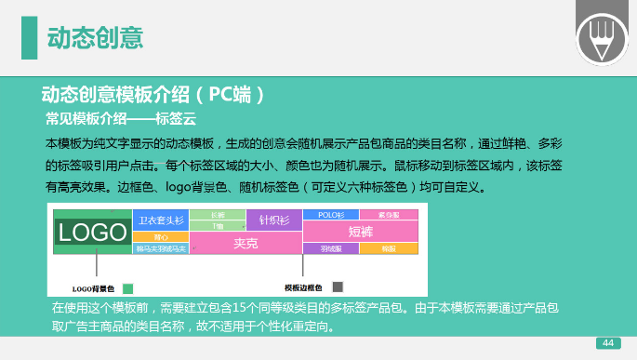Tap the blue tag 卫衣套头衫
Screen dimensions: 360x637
(x=161, y=220)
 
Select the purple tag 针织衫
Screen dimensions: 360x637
(x=273, y=220)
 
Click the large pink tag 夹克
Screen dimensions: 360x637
(x=246, y=244)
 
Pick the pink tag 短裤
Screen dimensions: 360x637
(x=360, y=231)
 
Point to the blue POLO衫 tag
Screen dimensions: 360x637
(x=331, y=215)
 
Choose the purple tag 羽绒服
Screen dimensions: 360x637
(x=329, y=248)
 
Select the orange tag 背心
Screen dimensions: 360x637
(x=161, y=236)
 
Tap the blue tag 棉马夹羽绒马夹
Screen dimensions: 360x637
(x=161, y=248)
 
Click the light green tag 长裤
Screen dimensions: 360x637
(x=218, y=215)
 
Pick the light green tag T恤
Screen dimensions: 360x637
(x=218, y=226)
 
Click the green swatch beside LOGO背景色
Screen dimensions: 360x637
(x=128, y=287)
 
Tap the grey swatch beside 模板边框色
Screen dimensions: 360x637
(x=338, y=287)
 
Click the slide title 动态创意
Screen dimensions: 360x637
(x=95, y=38)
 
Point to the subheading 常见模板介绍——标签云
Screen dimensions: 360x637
(x=120, y=119)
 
